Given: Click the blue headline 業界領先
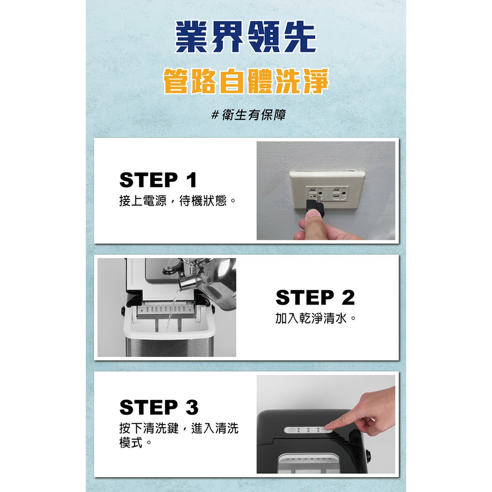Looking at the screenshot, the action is pos(246,37).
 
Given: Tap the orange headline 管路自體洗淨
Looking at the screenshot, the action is pos(246,81).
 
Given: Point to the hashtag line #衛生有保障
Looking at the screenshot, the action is pos(248,115).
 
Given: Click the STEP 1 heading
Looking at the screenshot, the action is pos(158,180).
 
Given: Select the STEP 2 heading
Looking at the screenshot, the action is pos(315,297).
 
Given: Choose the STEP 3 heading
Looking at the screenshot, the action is pos(159,407).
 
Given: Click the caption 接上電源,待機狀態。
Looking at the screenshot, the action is pos(178,201).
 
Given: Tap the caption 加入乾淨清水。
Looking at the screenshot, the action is pos(316,318).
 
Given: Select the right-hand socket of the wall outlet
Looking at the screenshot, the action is pos(340,193).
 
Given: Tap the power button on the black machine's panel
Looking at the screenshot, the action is pos(292,430).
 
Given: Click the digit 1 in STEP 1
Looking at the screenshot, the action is pos(191,180).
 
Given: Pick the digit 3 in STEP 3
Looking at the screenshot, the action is pos(192,407).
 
